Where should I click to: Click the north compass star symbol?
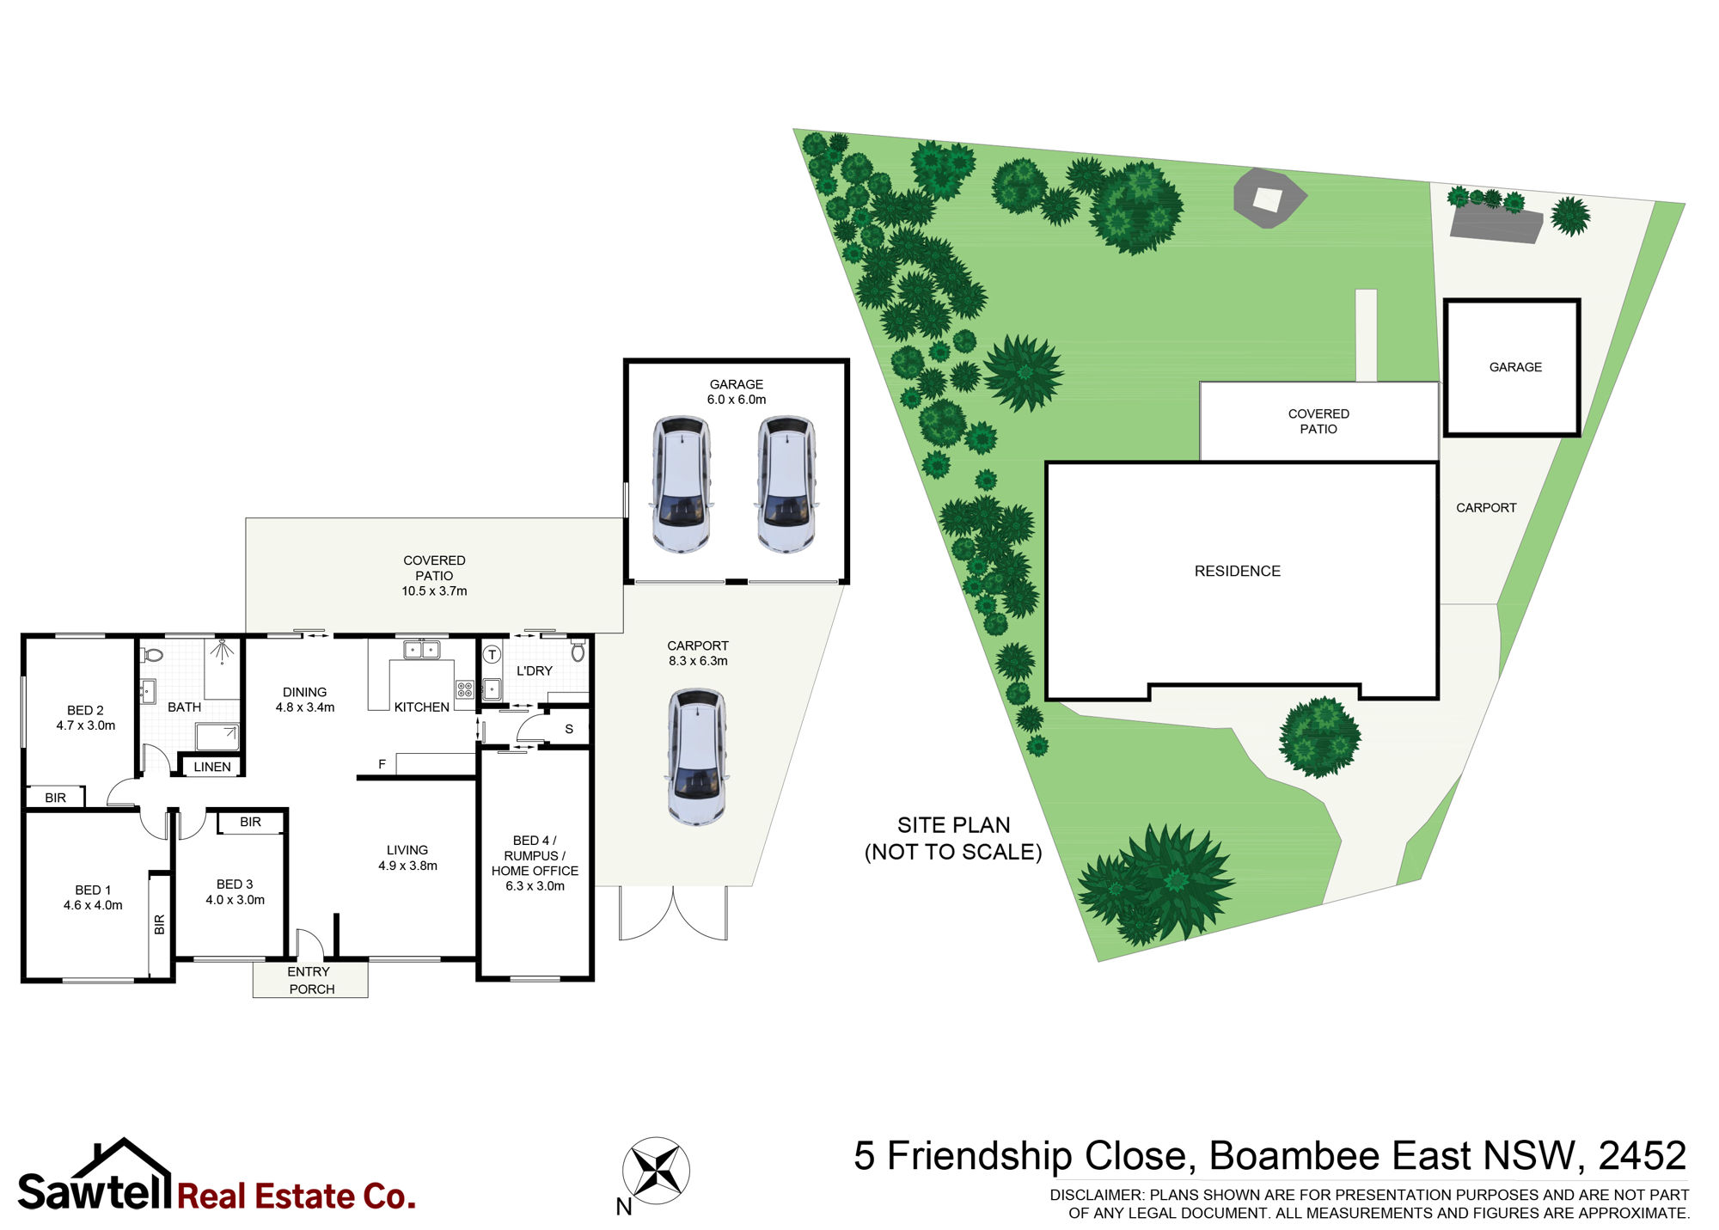click(656, 1170)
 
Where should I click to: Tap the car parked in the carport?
click(697, 756)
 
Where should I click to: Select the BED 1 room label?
click(93, 897)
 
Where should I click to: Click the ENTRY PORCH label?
click(310, 980)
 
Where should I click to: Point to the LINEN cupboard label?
click(212, 767)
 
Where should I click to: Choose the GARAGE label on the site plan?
click(1515, 367)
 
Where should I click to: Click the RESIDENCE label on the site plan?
click(1237, 571)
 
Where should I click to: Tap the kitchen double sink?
click(422, 649)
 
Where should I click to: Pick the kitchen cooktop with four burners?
click(465, 689)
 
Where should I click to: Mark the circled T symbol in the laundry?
click(492, 655)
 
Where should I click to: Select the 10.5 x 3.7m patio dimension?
click(434, 591)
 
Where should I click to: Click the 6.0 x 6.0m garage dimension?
click(737, 400)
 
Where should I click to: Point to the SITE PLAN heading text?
click(953, 825)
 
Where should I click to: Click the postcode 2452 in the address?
click(1642, 1156)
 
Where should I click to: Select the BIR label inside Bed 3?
click(250, 822)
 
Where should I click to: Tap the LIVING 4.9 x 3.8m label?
click(407, 858)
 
